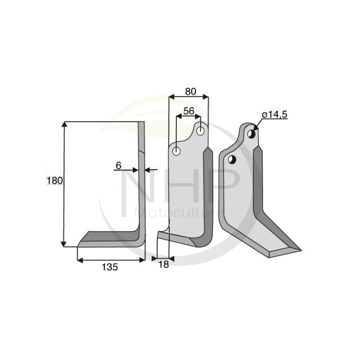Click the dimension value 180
pos(54,180)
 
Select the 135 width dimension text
pos(109,267)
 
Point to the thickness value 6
pos(118,165)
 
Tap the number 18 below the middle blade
pos(164,265)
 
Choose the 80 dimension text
pos(190,91)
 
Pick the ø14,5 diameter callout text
pos(274,115)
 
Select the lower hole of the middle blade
pos(176,152)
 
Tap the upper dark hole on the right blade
pos(252,134)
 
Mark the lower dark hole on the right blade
pos(232,159)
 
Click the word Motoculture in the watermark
pos(180,211)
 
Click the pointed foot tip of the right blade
pos(300,249)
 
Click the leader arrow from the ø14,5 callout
pos(257,125)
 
